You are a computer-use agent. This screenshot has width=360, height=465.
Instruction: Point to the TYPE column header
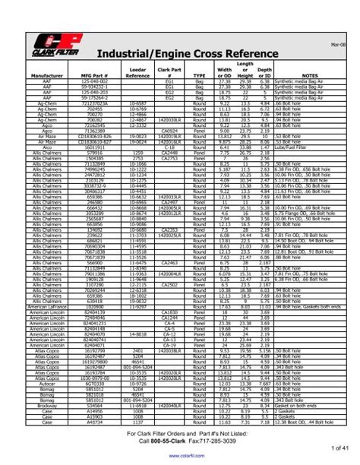pyautogui.click(x=200, y=96)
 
